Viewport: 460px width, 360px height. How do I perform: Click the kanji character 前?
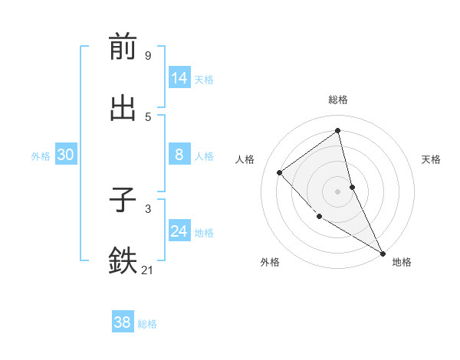tap(123, 47)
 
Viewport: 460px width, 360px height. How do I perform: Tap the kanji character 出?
tap(123, 108)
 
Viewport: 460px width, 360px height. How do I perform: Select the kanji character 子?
tap(123, 200)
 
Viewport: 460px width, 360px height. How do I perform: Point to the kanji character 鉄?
tap(123, 261)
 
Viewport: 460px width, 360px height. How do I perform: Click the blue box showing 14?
tap(179, 78)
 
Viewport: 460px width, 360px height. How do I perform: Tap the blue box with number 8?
tap(179, 155)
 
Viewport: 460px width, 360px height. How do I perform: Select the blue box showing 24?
tap(179, 231)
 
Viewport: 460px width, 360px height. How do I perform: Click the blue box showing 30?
tap(66, 155)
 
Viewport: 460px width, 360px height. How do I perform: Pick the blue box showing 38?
tap(123, 322)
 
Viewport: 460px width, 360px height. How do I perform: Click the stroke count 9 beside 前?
tap(147, 55)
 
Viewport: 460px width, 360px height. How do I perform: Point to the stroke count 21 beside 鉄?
tap(148, 270)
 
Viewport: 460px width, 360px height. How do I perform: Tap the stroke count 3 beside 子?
tap(147, 208)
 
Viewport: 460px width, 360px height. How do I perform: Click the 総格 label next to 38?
tap(147, 324)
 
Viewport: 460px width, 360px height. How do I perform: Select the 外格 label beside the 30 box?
tap(41, 156)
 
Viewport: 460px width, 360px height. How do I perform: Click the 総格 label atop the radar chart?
tap(338, 100)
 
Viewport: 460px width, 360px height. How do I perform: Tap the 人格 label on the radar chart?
tap(245, 159)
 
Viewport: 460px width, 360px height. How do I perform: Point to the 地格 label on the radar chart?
tap(402, 262)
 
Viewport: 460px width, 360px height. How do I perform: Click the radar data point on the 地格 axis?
tap(383, 253)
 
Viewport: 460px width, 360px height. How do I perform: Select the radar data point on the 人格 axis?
tap(280, 172)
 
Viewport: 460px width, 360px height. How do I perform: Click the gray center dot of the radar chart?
tap(338, 191)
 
